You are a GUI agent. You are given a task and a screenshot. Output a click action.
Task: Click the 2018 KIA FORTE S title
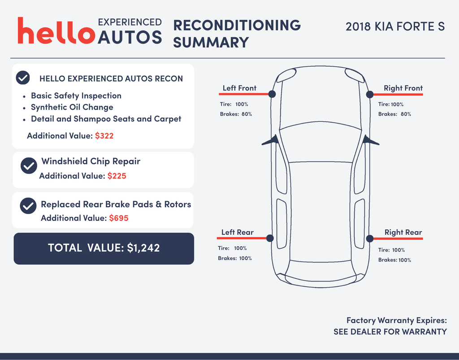pyautogui.click(x=395, y=26)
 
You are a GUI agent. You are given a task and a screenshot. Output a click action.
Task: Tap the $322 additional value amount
pyautogui.click(x=104, y=136)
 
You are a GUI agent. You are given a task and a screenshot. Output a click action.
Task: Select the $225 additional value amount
pyautogui.click(x=117, y=176)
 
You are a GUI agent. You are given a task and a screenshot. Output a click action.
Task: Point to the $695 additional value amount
pyautogui.click(x=119, y=218)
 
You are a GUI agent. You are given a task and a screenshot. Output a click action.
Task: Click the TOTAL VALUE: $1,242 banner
pyautogui.click(x=104, y=248)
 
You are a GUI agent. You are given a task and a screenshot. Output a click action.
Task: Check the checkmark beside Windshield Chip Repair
pyautogui.click(x=29, y=166)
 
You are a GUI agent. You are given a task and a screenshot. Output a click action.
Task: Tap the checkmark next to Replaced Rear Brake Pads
pyautogui.click(x=28, y=206)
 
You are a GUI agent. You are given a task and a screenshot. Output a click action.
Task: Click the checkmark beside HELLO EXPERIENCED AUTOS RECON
pyautogui.click(x=23, y=78)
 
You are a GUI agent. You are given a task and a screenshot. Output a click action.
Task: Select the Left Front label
pyautogui.click(x=239, y=88)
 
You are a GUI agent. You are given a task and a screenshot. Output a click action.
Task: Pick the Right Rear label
pyautogui.click(x=403, y=232)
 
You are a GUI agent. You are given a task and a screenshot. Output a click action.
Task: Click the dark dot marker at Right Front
pyautogui.click(x=370, y=94)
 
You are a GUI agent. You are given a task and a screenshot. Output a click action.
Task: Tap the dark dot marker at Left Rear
pyautogui.click(x=270, y=238)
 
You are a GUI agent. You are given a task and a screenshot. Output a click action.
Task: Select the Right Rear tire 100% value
pyautogui.click(x=398, y=250)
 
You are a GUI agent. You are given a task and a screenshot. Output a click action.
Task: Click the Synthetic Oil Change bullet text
pyautogui.click(x=72, y=107)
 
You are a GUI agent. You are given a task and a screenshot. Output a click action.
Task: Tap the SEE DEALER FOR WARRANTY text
pyautogui.click(x=390, y=332)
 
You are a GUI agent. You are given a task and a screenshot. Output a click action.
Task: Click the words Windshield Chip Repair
pyautogui.click(x=91, y=161)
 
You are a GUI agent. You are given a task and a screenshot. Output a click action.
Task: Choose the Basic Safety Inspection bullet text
pyautogui.click(x=76, y=96)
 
